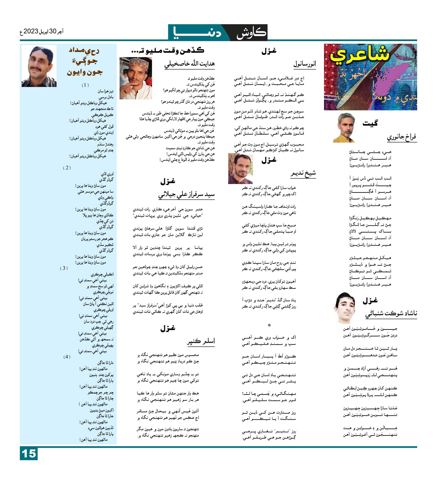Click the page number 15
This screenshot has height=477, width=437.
tap(29, 454)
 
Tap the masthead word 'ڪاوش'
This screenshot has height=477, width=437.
tap(251, 33)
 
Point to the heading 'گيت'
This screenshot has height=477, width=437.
tap(370, 123)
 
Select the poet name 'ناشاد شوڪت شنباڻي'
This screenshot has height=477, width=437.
tap(391, 313)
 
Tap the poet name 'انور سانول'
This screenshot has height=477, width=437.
tap(304, 64)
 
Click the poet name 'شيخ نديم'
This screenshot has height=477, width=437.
tap(303, 174)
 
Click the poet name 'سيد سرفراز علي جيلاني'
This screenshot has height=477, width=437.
tap(186, 194)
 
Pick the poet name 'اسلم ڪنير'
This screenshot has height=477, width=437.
tap(201, 341)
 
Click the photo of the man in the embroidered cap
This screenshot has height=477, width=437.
tap(136, 78)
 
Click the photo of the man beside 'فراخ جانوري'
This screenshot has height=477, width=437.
tap(344, 127)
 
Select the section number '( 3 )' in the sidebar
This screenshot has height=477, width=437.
tap(64, 268)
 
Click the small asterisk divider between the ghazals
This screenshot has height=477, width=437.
tap(269, 325)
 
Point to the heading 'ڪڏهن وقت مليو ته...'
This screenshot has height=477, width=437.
tap(168, 50)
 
